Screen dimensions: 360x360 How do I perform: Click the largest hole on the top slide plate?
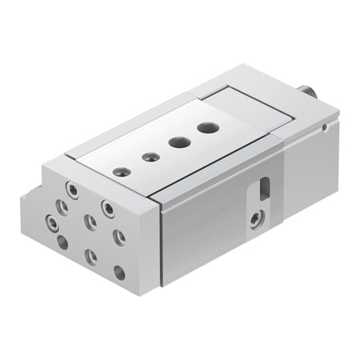coord(206,127)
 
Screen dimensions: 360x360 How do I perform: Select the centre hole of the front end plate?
coord(89,221)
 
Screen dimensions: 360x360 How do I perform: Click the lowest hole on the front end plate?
coord(119,272)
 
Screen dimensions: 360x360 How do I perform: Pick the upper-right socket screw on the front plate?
coord(107,208)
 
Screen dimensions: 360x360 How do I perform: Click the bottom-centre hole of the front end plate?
coord(91,256)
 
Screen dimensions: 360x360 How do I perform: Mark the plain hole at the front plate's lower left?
coord(62,241)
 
